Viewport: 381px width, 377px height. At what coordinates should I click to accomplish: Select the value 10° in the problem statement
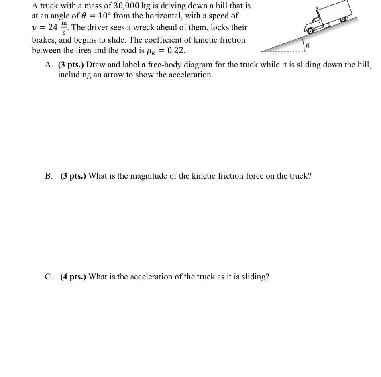102,16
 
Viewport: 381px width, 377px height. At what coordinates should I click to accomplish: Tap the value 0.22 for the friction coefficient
176,51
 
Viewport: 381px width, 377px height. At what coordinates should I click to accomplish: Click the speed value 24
53,28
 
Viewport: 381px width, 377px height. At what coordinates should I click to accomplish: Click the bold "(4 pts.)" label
73,277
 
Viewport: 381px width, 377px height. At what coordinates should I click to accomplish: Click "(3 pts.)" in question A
71,65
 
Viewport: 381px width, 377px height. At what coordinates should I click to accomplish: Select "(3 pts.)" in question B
73,176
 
